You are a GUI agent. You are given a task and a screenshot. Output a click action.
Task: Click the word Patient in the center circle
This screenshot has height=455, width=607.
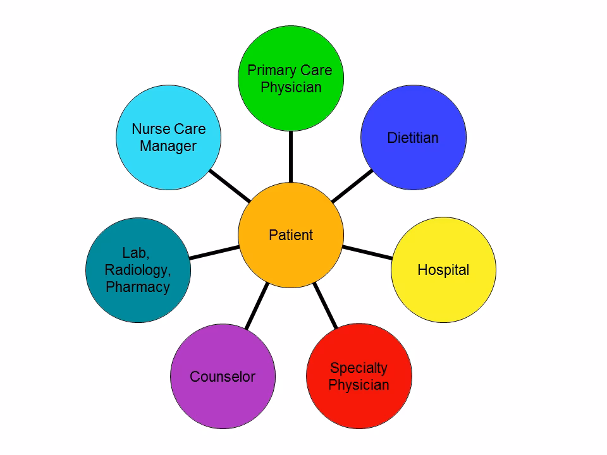click(x=291, y=235)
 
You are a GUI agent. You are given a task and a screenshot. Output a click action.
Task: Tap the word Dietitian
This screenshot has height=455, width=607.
click(x=413, y=138)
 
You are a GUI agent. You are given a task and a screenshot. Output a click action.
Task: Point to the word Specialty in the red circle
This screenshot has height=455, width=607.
click(x=359, y=368)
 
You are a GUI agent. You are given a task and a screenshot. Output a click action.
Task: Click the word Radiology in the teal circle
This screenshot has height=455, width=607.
click(x=138, y=270)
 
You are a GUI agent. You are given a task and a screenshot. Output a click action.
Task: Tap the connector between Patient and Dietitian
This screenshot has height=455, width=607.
click(x=352, y=186)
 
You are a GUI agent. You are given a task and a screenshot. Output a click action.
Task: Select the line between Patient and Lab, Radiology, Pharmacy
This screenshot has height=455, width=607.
click(x=215, y=252)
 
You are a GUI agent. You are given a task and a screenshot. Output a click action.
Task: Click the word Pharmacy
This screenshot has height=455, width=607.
click(x=138, y=287)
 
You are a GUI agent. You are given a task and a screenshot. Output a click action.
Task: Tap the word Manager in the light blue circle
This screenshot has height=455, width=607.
click(x=168, y=146)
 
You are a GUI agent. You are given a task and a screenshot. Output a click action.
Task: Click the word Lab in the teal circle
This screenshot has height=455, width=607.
click(x=135, y=253)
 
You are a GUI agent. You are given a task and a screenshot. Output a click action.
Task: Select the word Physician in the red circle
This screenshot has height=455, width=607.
click(x=359, y=385)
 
